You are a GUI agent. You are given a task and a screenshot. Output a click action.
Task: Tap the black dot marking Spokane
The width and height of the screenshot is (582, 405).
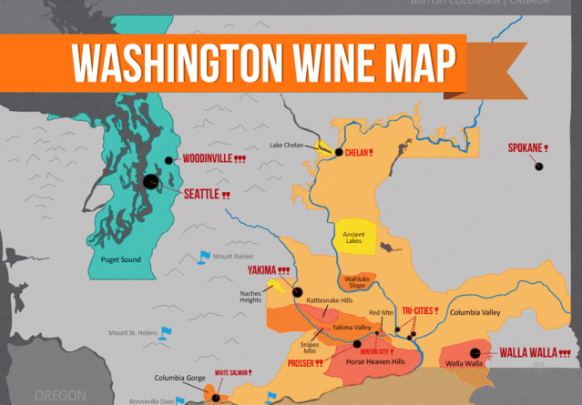click(x=539, y=167)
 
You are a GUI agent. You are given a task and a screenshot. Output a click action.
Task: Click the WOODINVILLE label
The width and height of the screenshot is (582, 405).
click(x=207, y=158)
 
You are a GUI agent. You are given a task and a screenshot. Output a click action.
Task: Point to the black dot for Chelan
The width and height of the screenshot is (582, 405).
click(x=339, y=152)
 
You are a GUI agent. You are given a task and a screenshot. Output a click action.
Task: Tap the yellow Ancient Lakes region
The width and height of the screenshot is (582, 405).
click(x=353, y=239)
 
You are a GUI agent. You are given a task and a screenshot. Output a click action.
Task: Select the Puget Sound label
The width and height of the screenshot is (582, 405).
click(x=120, y=260)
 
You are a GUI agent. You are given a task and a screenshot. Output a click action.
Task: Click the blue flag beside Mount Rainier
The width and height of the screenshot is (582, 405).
click(x=204, y=257)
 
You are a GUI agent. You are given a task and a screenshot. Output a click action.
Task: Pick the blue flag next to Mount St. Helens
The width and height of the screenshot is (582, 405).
click(x=165, y=332)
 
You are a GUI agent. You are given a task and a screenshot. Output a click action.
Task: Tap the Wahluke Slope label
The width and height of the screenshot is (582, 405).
click(x=356, y=282)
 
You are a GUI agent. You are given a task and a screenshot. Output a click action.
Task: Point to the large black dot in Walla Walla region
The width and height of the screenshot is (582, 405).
click(x=475, y=353)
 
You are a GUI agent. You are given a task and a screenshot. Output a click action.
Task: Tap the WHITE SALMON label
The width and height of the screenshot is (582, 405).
click(x=229, y=372)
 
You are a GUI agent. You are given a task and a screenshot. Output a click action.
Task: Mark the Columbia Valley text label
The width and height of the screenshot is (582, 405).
click(x=476, y=313)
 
